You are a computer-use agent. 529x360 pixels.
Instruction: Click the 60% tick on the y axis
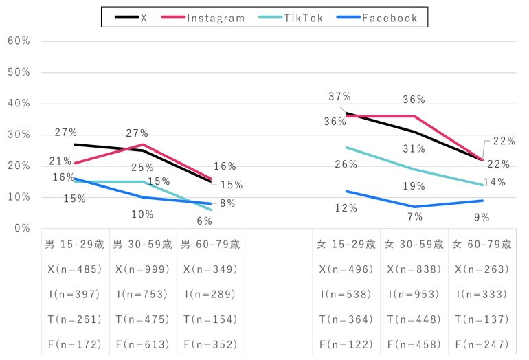tap(19, 41)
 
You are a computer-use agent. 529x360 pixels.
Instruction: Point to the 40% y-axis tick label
tap(19, 103)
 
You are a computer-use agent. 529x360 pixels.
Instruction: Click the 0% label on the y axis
tap(21, 228)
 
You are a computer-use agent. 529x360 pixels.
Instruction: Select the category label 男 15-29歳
tap(75, 244)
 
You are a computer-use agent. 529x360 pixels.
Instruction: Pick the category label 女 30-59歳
tap(414, 244)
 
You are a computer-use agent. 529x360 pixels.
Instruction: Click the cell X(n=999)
tap(142, 269)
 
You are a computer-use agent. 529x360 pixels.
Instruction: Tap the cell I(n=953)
tap(414, 294)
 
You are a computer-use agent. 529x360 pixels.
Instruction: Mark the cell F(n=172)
tap(75, 344)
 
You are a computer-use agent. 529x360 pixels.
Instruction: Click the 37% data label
tap(339, 97)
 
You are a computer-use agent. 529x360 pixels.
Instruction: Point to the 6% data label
tap(203, 221)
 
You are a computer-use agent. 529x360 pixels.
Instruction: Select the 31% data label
tap(414, 149)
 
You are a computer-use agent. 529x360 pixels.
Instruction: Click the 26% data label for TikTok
tap(346, 164)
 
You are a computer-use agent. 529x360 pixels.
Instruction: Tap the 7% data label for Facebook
tap(414, 217)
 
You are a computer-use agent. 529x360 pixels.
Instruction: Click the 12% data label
tap(346, 208)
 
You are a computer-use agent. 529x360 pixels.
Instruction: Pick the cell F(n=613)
tap(142, 344)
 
